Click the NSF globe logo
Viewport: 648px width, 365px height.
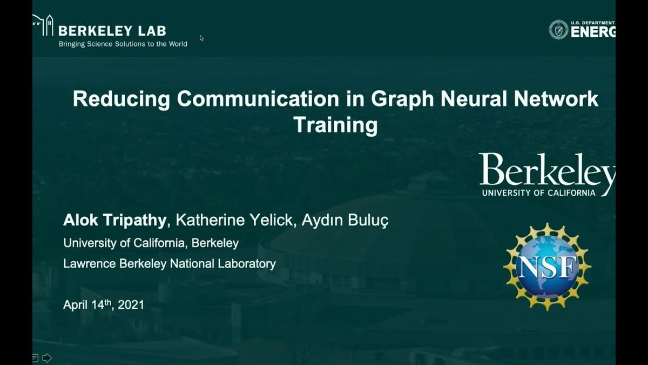pyautogui.click(x=547, y=267)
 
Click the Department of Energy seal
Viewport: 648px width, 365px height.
pyautogui.click(x=558, y=29)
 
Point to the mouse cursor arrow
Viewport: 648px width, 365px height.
pyautogui.click(x=201, y=38)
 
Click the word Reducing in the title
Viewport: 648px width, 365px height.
pyautogui.click(x=122, y=99)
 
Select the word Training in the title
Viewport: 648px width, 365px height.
pyautogui.click(x=335, y=125)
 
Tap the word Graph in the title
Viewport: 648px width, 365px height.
pyautogui.click(x=402, y=99)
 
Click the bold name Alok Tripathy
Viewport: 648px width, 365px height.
pyautogui.click(x=114, y=220)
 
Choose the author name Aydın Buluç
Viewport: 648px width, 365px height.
pyautogui.click(x=345, y=221)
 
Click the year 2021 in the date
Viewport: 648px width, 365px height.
pyautogui.click(x=131, y=305)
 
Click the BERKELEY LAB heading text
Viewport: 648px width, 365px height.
pyautogui.click(x=112, y=31)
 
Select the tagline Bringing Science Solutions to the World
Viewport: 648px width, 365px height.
pyautogui.click(x=123, y=44)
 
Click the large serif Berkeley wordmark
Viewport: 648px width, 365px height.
pyautogui.click(x=547, y=171)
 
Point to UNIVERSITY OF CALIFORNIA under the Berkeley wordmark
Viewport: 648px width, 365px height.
pyautogui.click(x=539, y=193)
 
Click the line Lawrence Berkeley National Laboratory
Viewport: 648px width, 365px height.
pyautogui.click(x=170, y=264)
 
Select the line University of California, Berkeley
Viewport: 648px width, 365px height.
pyautogui.click(x=151, y=243)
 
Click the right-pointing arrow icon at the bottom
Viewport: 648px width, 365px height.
pyautogui.click(x=47, y=358)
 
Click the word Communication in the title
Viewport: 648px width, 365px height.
pyautogui.click(x=258, y=99)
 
